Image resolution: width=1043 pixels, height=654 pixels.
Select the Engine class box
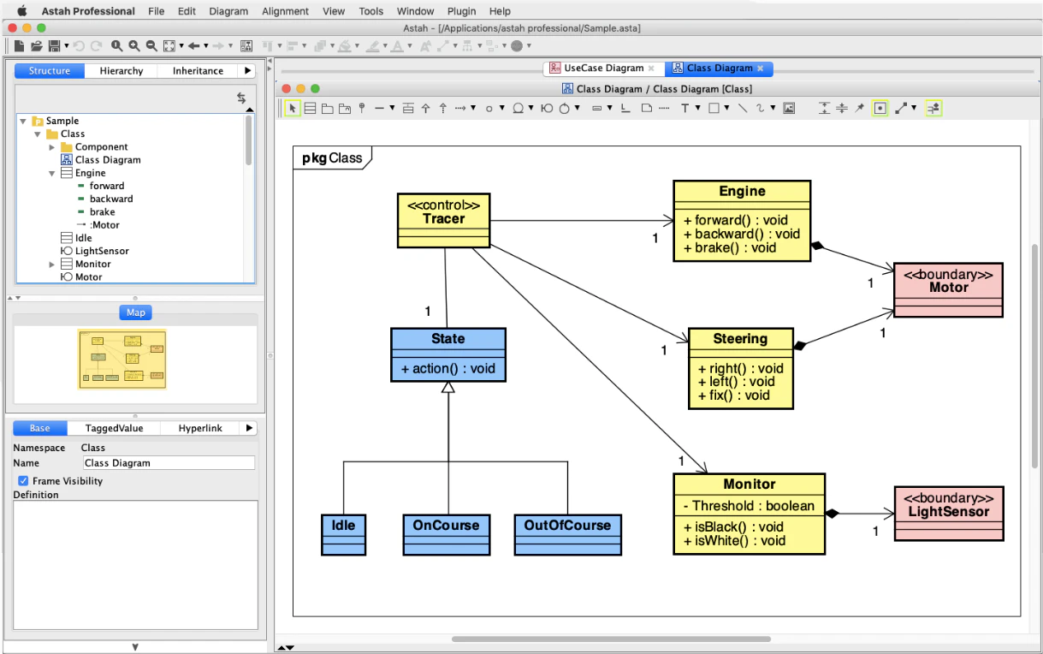pyautogui.click(x=741, y=192)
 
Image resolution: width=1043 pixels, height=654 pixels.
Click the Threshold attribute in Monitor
pyautogui.click(x=748, y=506)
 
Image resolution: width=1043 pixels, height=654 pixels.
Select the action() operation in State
pyautogui.click(x=447, y=369)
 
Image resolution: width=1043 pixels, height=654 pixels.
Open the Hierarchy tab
pyautogui.click(x=121, y=71)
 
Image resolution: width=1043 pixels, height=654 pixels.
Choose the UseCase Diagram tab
pyautogui.click(x=602, y=68)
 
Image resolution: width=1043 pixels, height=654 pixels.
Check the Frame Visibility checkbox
pyautogui.click(x=23, y=481)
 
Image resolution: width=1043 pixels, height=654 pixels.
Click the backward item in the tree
pyautogui.click(x=111, y=199)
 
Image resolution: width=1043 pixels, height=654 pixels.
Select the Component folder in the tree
pyautogui.click(x=101, y=146)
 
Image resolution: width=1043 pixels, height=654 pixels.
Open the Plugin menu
pyautogui.click(x=462, y=11)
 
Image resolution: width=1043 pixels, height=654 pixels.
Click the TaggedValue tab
pyautogui.click(x=114, y=428)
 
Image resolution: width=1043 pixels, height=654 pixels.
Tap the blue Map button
pyautogui.click(x=135, y=312)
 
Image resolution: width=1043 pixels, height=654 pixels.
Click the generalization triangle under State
pyautogui.click(x=447, y=388)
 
